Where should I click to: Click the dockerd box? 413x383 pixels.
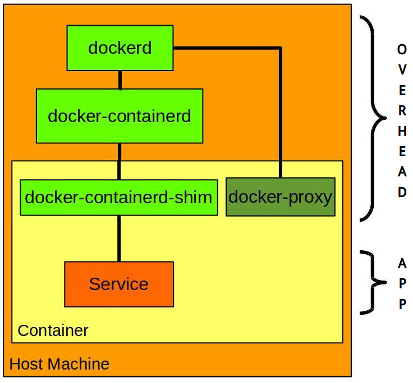120,48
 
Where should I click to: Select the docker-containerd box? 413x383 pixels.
119,116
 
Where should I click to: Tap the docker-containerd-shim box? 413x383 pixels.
118,197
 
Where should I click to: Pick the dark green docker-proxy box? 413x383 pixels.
280,197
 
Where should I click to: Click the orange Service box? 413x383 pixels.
118,284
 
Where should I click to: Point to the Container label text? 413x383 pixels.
53,330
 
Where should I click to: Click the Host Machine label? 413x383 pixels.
59,364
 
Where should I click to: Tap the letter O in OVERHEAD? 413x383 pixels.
402,49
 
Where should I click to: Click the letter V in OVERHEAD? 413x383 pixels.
402,70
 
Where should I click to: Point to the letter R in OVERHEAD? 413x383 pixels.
402,111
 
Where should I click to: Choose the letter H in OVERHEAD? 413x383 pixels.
402,132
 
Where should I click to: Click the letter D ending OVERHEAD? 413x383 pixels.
402,193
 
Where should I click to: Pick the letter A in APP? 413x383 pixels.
402,263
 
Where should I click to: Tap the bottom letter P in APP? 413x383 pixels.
402,304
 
